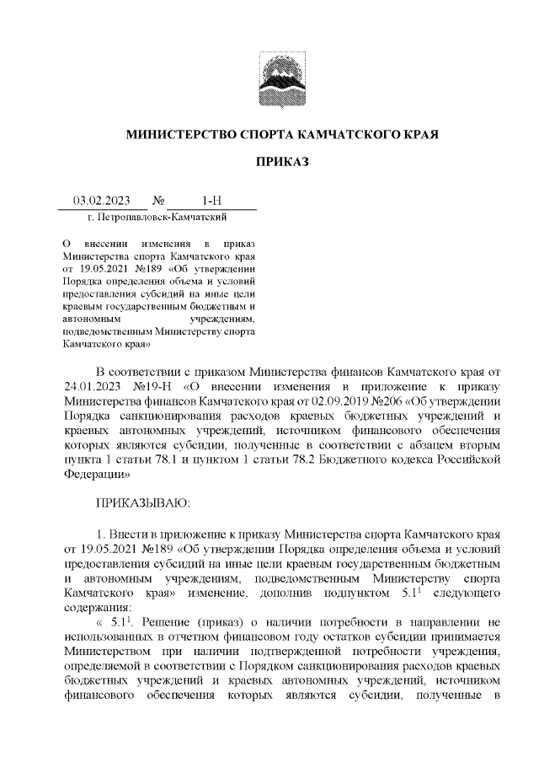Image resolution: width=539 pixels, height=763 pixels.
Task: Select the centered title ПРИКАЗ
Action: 282,161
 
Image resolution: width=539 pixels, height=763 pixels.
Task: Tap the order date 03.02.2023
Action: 101,201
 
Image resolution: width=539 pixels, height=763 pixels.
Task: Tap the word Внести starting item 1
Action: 131,534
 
